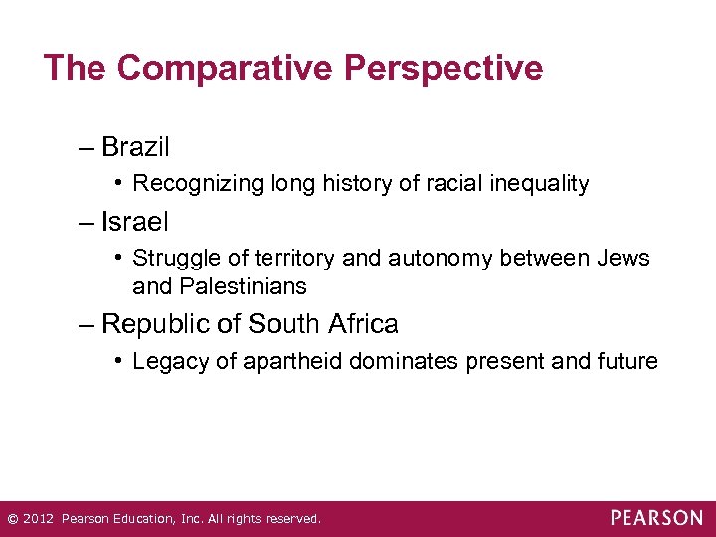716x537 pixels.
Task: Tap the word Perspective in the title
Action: [x=444, y=68]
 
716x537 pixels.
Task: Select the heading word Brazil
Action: [x=136, y=148]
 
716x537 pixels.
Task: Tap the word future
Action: [x=627, y=361]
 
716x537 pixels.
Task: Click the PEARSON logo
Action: [x=655, y=518]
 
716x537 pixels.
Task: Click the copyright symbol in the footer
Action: [x=12, y=519]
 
